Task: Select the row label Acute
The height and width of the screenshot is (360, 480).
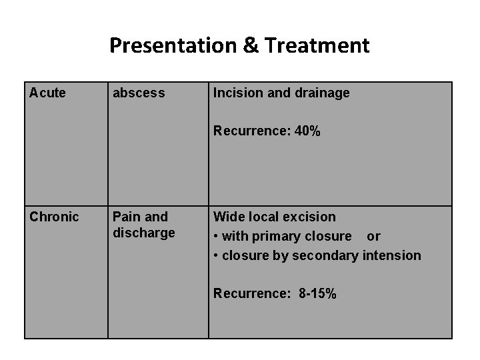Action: tap(47, 93)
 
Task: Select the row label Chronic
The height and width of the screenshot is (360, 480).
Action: tap(54, 217)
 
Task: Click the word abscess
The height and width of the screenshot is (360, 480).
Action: tap(139, 93)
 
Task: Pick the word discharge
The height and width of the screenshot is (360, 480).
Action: tap(143, 233)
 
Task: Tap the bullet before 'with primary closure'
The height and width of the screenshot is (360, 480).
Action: tap(216, 237)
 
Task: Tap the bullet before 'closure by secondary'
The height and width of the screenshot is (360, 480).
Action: tap(216, 256)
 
